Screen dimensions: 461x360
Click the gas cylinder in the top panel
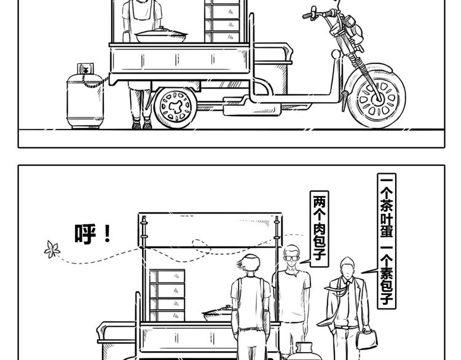coord(85,97)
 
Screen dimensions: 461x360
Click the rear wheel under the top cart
coord(176,108)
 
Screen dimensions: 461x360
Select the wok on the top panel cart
coord(161,35)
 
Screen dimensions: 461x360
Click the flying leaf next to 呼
coord(52,249)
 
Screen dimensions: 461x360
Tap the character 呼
coord(85,234)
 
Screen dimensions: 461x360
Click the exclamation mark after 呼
coord(108,233)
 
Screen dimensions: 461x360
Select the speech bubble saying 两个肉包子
coord(319,229)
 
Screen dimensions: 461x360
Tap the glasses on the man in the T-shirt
coord(291,258)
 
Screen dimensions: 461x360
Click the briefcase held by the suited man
coord(366,339)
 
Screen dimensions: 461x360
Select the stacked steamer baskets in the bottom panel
coord(167,295)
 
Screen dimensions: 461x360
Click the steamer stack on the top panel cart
coord(223,21)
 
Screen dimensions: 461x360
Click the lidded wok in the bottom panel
coord(217,314)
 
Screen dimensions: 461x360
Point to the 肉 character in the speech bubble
coord(319,230)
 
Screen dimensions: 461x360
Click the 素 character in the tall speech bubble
coord(387,273)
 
